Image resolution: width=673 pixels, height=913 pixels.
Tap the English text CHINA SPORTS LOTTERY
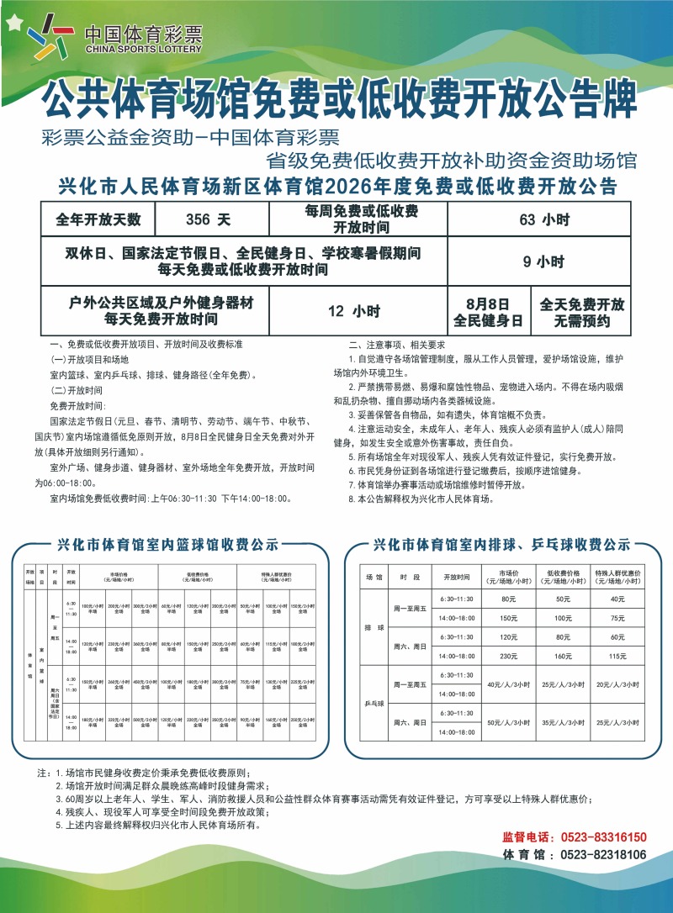click(144, 50)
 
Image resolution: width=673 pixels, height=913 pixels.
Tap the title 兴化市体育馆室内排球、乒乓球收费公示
click(501, 544)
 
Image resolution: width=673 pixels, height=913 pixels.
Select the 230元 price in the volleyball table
click(507, 655)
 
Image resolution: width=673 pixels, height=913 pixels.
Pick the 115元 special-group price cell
click(617, 655)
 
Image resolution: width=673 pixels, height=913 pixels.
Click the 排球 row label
click(374, 627)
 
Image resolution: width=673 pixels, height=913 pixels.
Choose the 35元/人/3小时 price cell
click(562, 721)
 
